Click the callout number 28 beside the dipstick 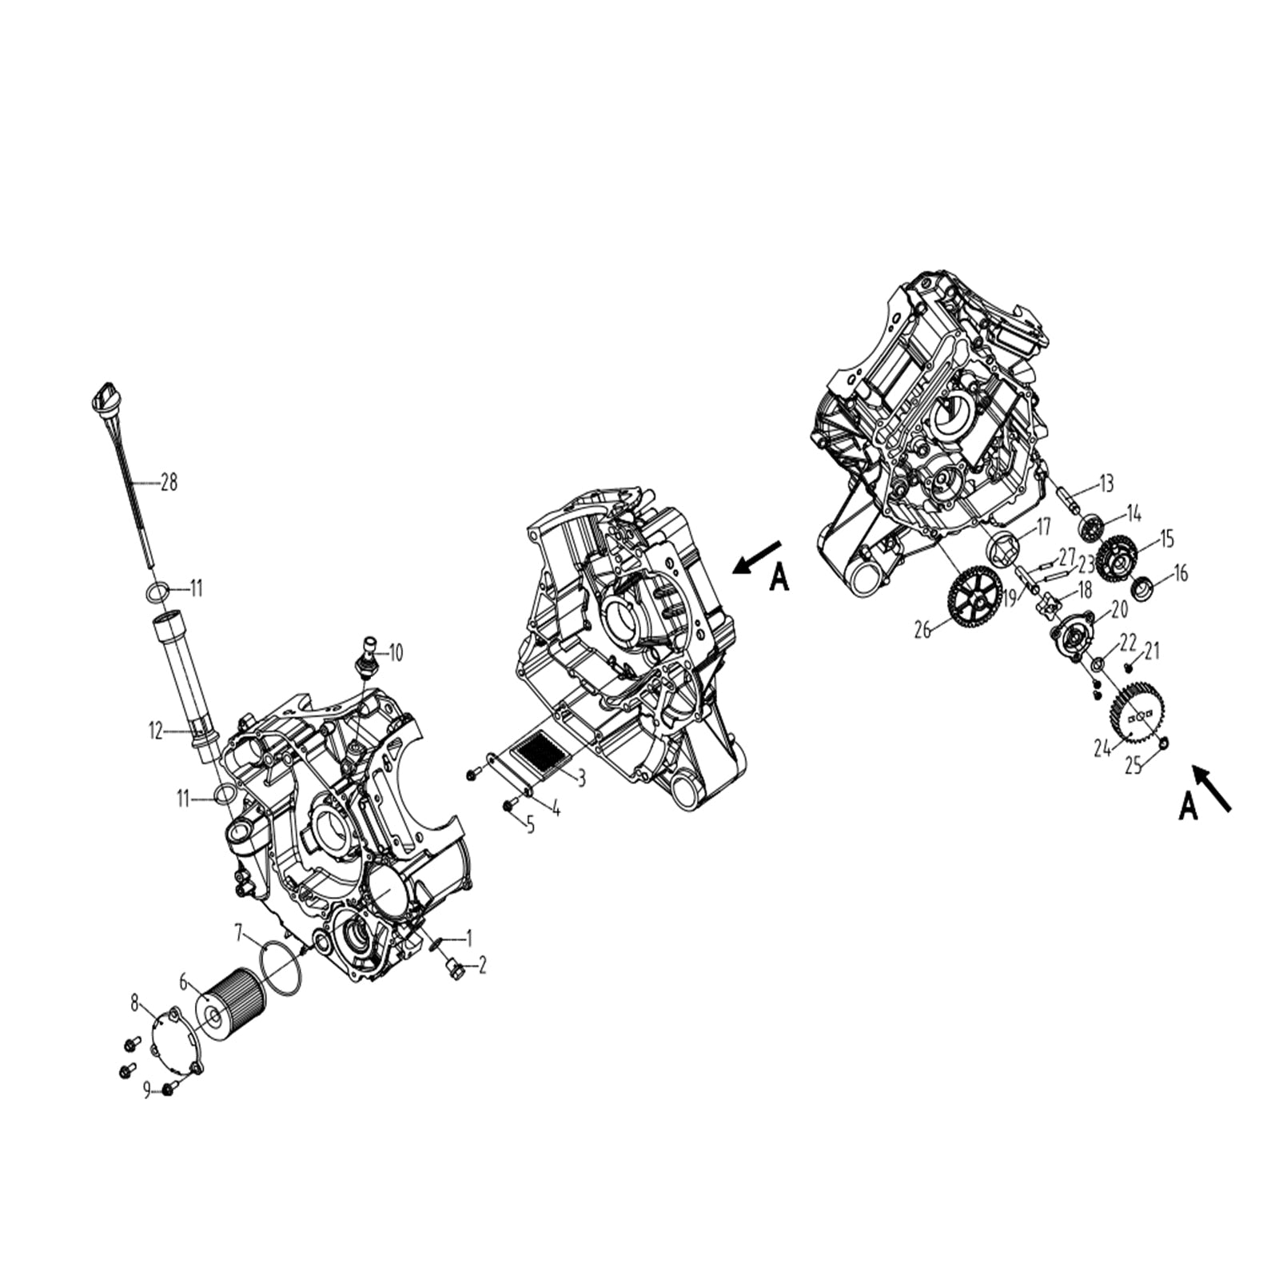169,483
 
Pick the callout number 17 1044,528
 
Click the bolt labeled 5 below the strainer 508,806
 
